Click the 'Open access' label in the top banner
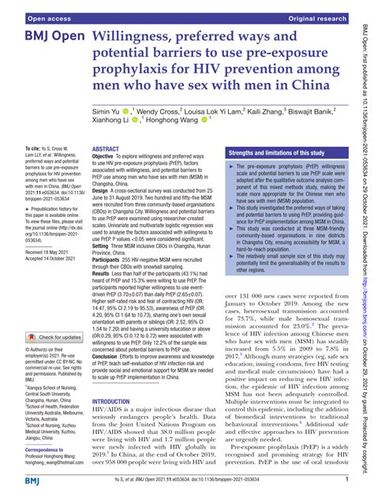click(32, 8)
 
